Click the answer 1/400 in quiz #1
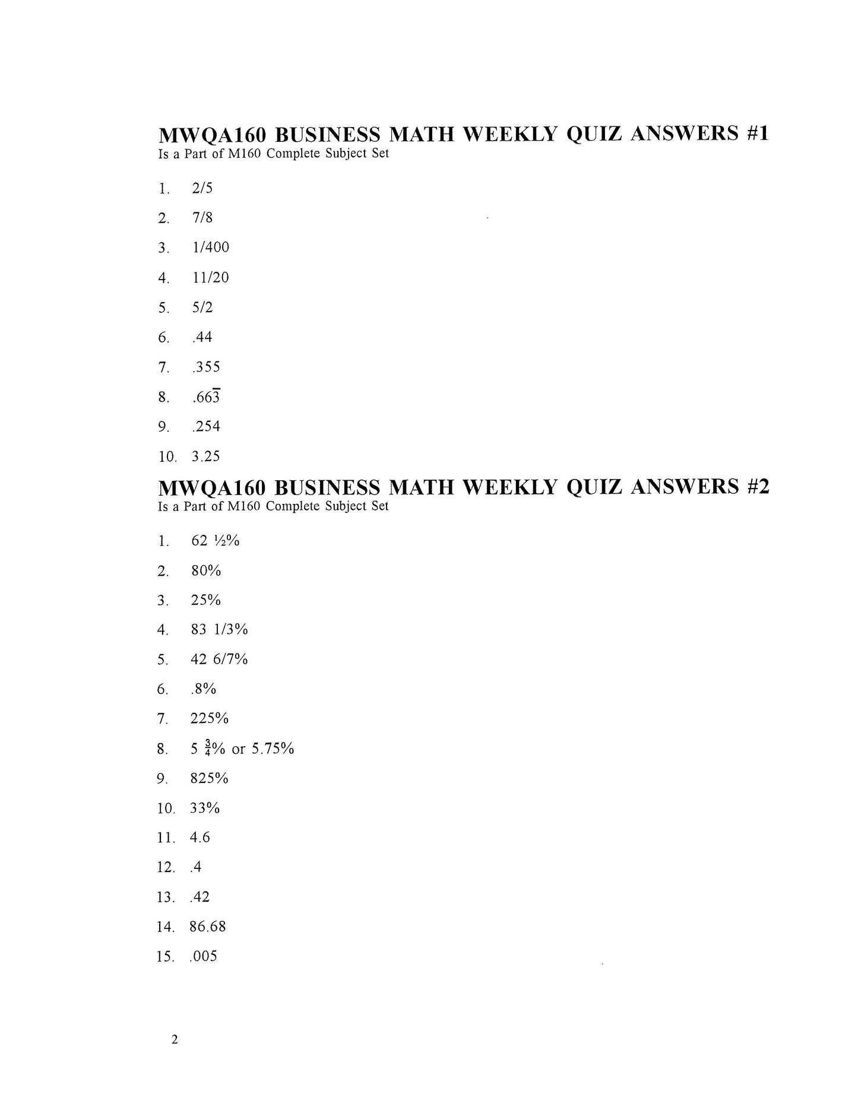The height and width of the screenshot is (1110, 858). tap(210, 247)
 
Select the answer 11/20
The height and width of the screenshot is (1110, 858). tap(210, 277)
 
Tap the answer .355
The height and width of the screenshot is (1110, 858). tap(206, 367)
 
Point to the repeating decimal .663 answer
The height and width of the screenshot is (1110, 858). tap(206, 397)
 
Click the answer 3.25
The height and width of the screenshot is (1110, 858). tap(205, 456)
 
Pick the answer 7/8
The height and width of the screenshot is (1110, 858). tap(202, 217)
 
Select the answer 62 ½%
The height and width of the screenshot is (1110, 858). tap(215, 541)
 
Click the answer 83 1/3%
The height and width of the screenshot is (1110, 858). tap(219, 629)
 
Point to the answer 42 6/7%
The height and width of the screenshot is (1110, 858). tap(219, 659)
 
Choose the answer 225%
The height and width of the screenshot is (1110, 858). tap(209, 719)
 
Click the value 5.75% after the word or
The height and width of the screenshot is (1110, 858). tap(273, 749)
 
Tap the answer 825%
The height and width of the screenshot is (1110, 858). tap(209, 778)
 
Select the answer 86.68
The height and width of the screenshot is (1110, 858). tap(208, 927)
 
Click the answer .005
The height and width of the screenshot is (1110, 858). tap(203, 956)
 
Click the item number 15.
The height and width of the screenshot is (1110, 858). tap(166, 956)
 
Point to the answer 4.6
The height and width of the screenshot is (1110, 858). tap(200, 838)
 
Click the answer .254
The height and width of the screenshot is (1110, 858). tap(206, 426)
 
